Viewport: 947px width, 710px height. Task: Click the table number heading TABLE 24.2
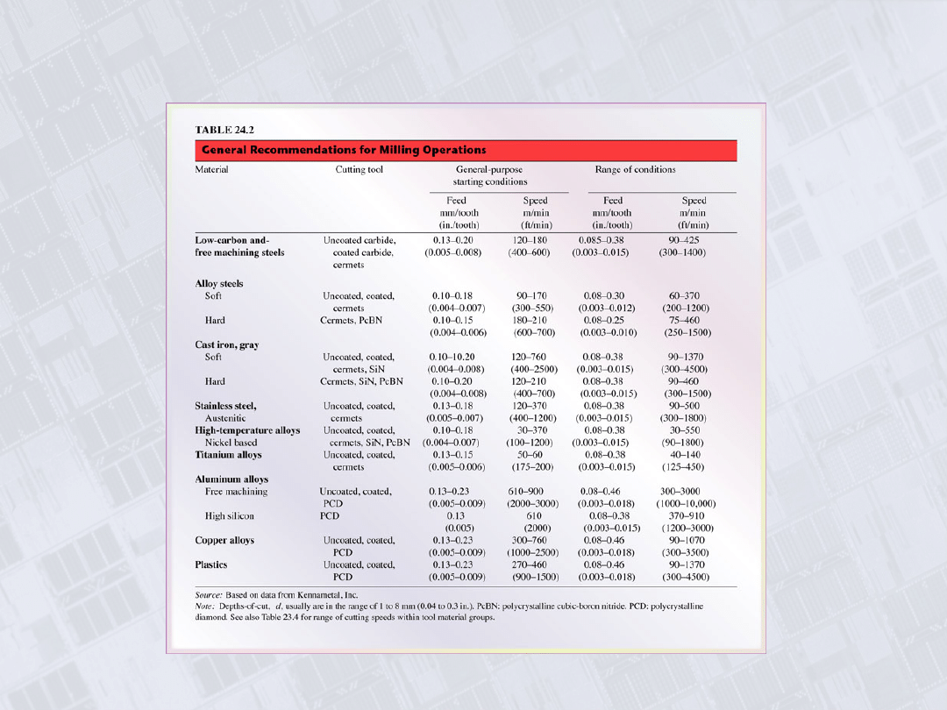(218, 131)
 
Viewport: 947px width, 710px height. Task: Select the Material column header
(211, 169)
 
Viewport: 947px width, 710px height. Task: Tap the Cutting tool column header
(359, 169)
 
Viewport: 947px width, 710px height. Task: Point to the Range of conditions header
(635, 169)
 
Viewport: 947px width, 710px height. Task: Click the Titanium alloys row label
(228, 455)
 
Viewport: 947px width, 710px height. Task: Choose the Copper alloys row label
(224, 541)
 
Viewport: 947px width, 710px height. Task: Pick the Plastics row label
(211, 565)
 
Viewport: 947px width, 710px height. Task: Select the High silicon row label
(230, 516)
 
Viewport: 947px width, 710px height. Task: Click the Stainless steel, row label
(225, 406)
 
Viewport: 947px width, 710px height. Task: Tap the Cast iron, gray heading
(227, 344)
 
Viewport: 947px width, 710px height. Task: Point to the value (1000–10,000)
(686, 504)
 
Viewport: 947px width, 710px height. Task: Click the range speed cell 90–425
(682, 240)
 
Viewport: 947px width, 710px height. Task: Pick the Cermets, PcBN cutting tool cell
(351, 320)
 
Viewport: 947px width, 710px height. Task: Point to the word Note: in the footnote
(207, 606)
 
